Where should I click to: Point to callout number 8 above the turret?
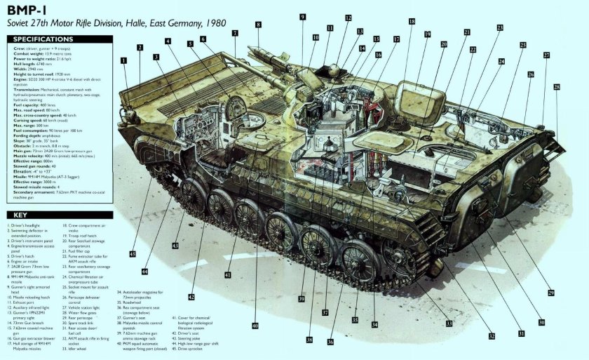click(x=257, y=25)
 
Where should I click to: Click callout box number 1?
click(x=123, y=61)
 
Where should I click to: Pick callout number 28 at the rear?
click(x=557, y=87)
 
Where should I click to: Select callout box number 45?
click(x=132, y=253)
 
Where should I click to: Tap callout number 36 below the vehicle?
click(x=330, y=342)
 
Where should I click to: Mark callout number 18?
click(x=411, y=22)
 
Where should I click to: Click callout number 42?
click(x=191, y=297)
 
